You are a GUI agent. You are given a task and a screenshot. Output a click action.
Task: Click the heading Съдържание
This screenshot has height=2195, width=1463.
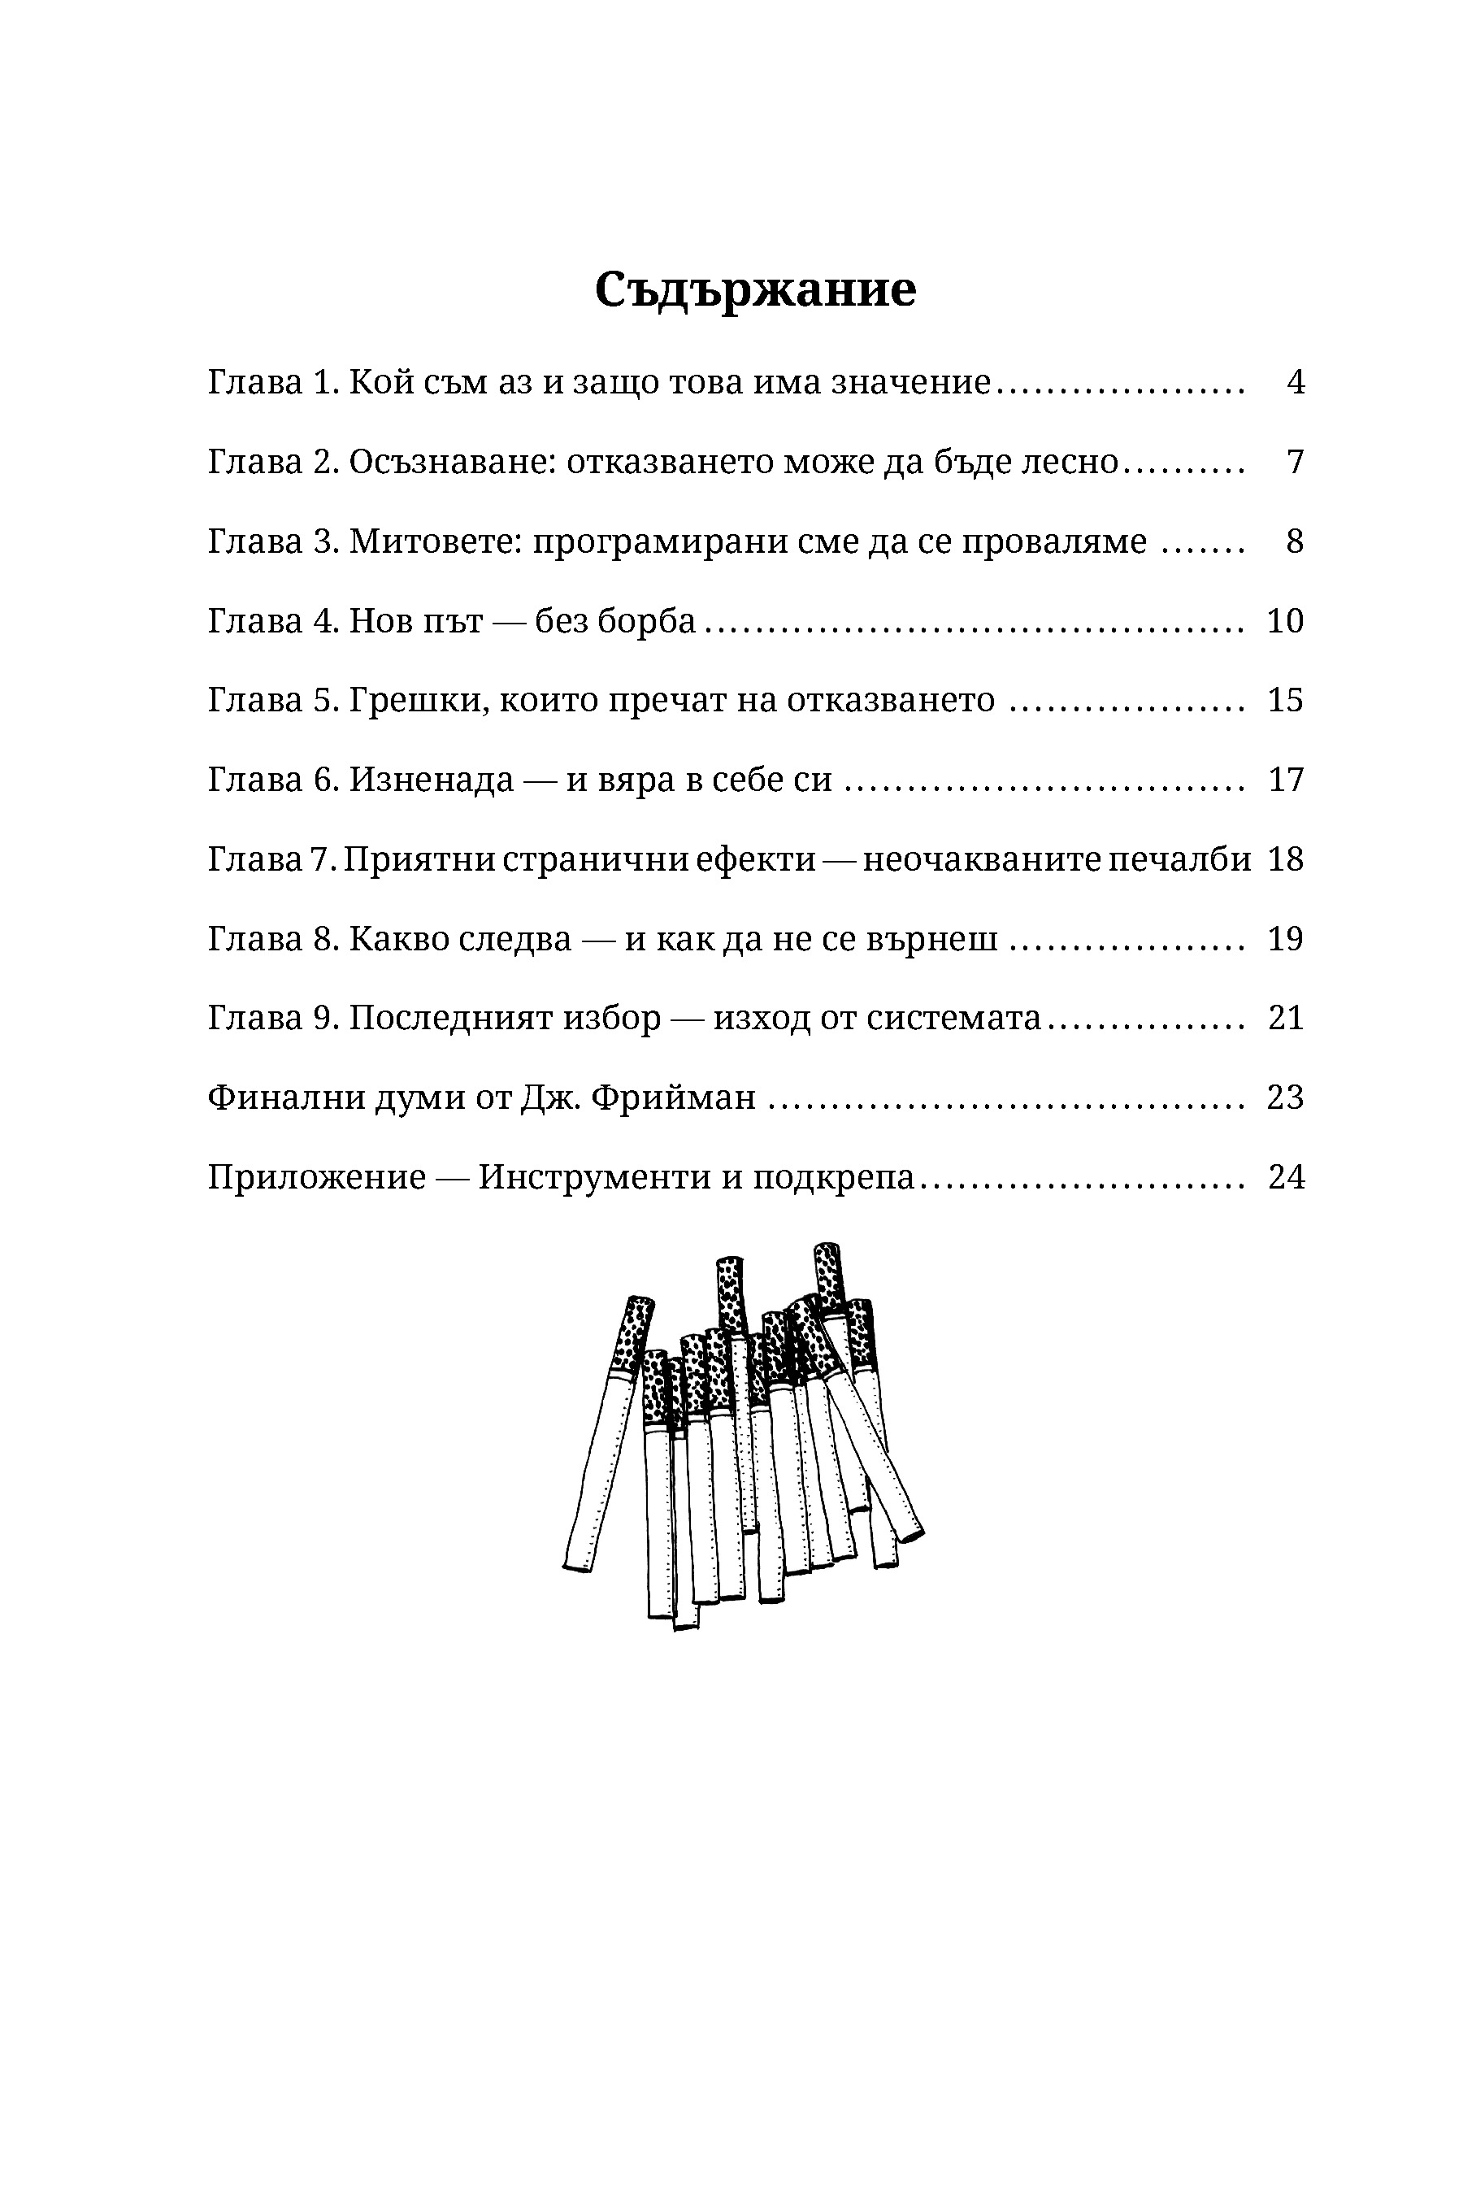(x=755, y=289)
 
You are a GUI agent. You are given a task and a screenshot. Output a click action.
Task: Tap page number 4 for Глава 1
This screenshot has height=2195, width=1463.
(x=1295, y=383)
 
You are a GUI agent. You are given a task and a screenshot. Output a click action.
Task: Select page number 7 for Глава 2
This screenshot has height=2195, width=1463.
(x=1295, y=462)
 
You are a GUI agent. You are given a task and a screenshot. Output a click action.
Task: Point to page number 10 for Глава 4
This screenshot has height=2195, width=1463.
(x=1285, y=620)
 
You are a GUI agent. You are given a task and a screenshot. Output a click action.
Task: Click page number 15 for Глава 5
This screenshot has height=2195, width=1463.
(x=1285, y=700)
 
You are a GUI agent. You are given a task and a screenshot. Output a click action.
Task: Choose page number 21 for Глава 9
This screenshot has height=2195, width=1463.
(x=1285, y=1017)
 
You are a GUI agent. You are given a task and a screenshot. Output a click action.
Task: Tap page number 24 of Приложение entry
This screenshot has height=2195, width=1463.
(x=1285, y=1177)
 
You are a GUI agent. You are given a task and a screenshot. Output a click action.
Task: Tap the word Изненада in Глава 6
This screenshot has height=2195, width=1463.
(x=431, y=780)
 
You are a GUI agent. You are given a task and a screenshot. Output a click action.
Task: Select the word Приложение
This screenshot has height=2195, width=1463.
(x=316, y=1178)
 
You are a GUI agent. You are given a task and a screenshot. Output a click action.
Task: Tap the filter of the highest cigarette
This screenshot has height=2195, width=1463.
(x=828, y=1274)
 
